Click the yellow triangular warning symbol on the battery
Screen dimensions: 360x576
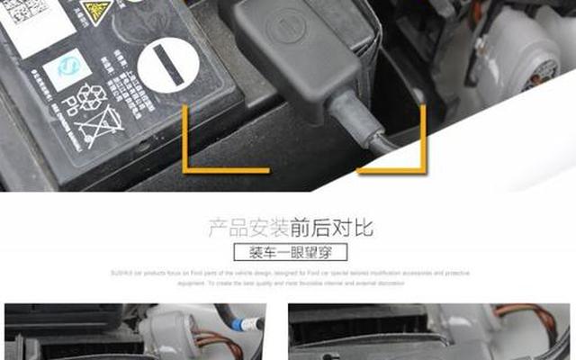96,11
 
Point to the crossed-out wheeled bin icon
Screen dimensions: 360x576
99,127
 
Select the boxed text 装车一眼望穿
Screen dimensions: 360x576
289,252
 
